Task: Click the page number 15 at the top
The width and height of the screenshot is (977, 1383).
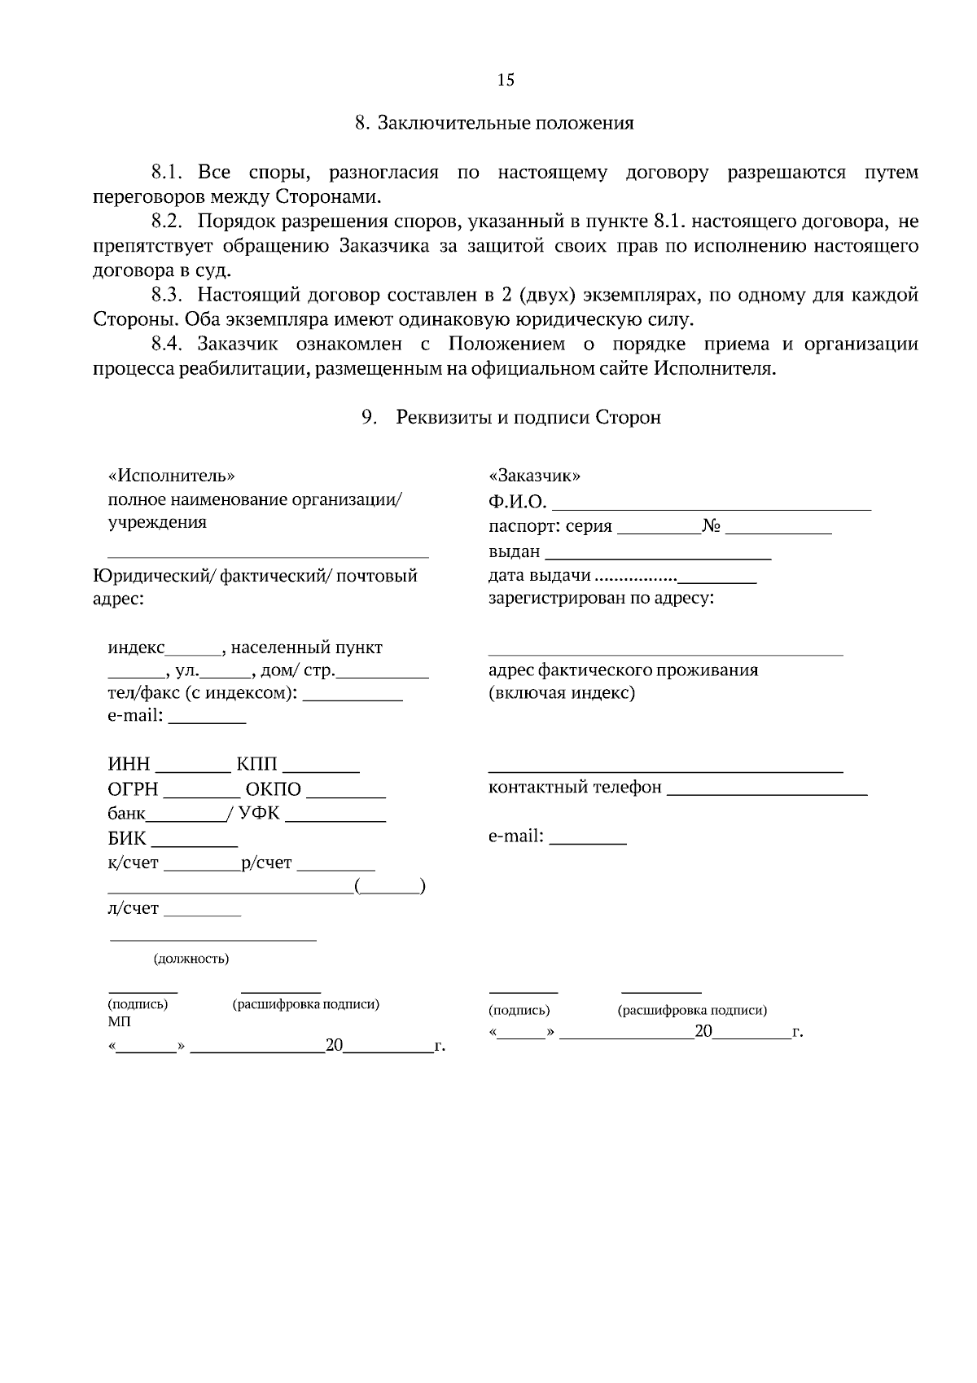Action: pyautogui.click(x=506, y=80)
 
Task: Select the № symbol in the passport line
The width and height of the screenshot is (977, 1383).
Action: pyautogui.click(x=712, y=526)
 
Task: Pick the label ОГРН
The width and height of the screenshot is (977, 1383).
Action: pyautogui.click(x=133, y=790)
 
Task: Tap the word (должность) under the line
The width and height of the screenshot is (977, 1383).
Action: pyautogui.click(x=191, y=959)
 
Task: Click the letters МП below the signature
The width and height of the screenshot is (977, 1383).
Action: pyautogui.click(x=119, y=1021)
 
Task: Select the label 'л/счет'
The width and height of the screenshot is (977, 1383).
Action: pyautogui.click(x=134, y=908)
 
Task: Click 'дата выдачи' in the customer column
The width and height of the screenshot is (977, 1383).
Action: pyautogui.click(x=539, y=576)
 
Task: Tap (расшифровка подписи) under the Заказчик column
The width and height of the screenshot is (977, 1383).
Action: pyautogui.click(x=692, y=1011)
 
